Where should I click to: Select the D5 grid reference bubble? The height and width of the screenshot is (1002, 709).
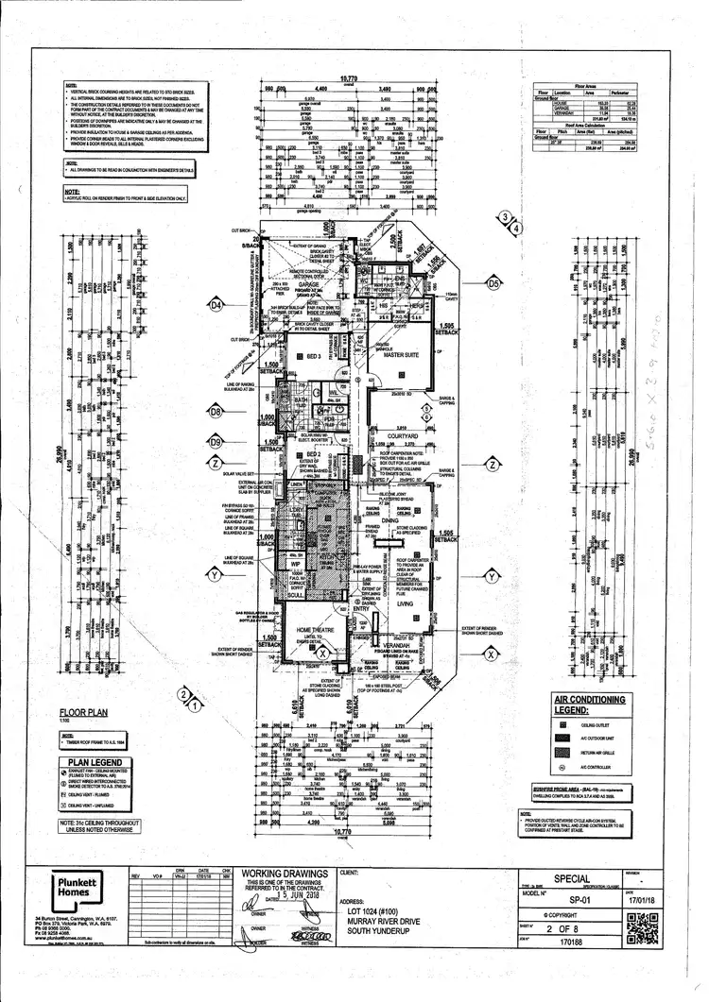coord(493,283)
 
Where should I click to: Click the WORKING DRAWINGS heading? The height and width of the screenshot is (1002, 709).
coord(285,874)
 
